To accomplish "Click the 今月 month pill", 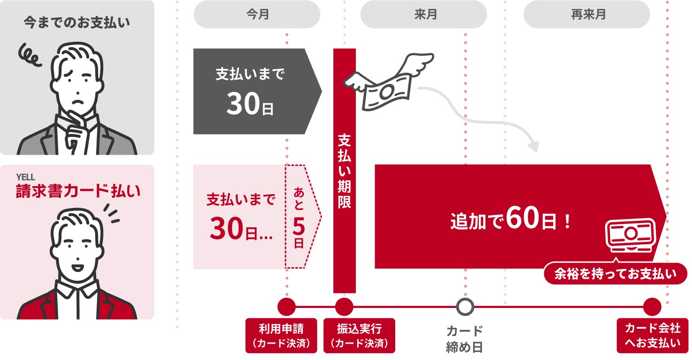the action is pyautogui.click(x=257, y=14).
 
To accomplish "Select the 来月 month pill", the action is pyautogui.click(x=423, y=14).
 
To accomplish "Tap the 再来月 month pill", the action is pyautogui.click(x=587, y=14).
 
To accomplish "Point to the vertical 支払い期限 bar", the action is pyautogui.click(x=345, y=171).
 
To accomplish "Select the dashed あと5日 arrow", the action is pyautogui.click(x=303, y=217).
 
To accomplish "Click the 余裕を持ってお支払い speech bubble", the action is pyautogui.click(x=616, y=273).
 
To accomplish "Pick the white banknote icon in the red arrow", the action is pyautogui.click(x=631, y=235).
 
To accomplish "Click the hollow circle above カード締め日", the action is pyautogui.click(x=465, y=307).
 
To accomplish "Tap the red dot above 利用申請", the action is pyautogui.click(x=286, y=307).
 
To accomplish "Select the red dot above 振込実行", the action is pyautogui.click(x=344, y=307).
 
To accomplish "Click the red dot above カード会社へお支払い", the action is pyautogui.click(x=652, y=307).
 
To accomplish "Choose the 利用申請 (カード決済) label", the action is pyautogui.click(x=281, y=336).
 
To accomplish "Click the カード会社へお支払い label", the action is pyautogui.click(x=653, y=336).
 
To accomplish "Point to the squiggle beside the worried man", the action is pyautogui.click(x=30, y=56).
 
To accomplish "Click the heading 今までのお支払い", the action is pyautogui.click(x=77, y=22).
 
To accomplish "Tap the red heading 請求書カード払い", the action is pyautogui.click(x=78, y=191).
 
